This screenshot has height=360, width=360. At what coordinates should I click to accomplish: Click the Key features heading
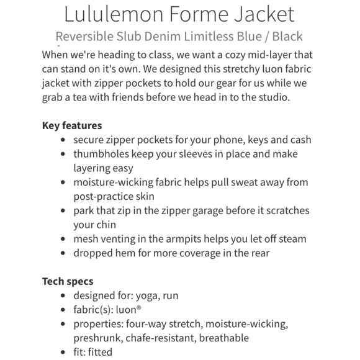[72, 125]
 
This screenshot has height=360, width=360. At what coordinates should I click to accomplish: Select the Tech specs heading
[68, 281]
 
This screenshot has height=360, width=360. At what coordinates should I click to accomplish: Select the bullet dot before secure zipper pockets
[63, 140]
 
